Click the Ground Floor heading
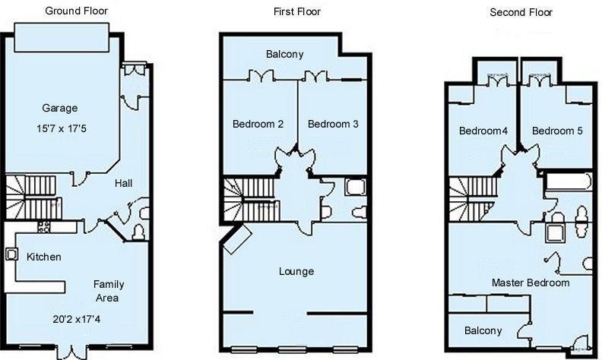coord(77,11)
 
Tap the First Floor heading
coord(296,11)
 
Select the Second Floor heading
coord(521,12)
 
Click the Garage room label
coord(59,109)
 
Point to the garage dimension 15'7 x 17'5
coord(62,128)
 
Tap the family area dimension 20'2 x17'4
coord(77,319)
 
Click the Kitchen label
coord(44,257)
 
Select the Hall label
coord(124,183)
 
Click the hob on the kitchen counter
coord(44,227)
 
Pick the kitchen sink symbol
coord(11,254)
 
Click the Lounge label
coord(296,272)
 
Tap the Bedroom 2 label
coord(258,124)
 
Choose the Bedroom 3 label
coord(333,124)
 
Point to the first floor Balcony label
coord(284,54)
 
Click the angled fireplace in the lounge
coord(237,239)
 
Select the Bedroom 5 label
coord(557,131)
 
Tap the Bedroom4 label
coord(483,131)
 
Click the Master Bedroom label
coord(531,283)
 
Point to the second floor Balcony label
coord(483,331)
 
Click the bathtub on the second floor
coord(568,182)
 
